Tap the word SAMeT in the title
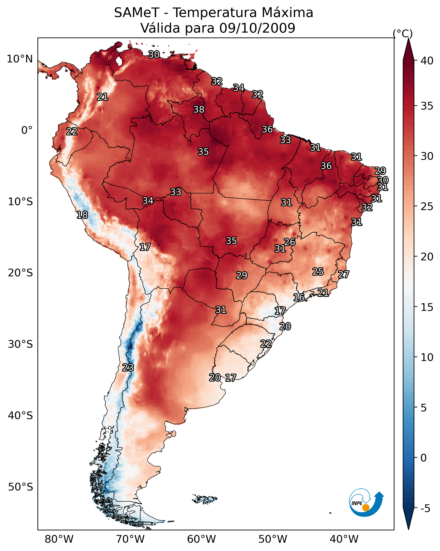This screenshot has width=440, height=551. [x=137, y=13]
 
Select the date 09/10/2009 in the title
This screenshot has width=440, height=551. [x=257, y=28]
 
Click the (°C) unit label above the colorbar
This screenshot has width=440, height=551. [x=403, y=33]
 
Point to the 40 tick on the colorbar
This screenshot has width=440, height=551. [x=427, y=61]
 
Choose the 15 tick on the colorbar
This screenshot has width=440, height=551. [x=427, y=307]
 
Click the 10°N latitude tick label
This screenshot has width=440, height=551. [x=20, y=59]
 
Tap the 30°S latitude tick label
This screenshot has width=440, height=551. [x=20, y=344]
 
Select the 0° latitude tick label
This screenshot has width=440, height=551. [x=27, y=130]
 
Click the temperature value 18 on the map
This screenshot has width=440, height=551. [x=82, y=215]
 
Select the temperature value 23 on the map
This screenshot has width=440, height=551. [x=128, y=368]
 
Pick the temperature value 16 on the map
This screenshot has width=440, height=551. [x=299, y=297]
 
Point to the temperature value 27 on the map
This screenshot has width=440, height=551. [x=344, y=274]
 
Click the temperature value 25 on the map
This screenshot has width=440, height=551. [x=318, y=272]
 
